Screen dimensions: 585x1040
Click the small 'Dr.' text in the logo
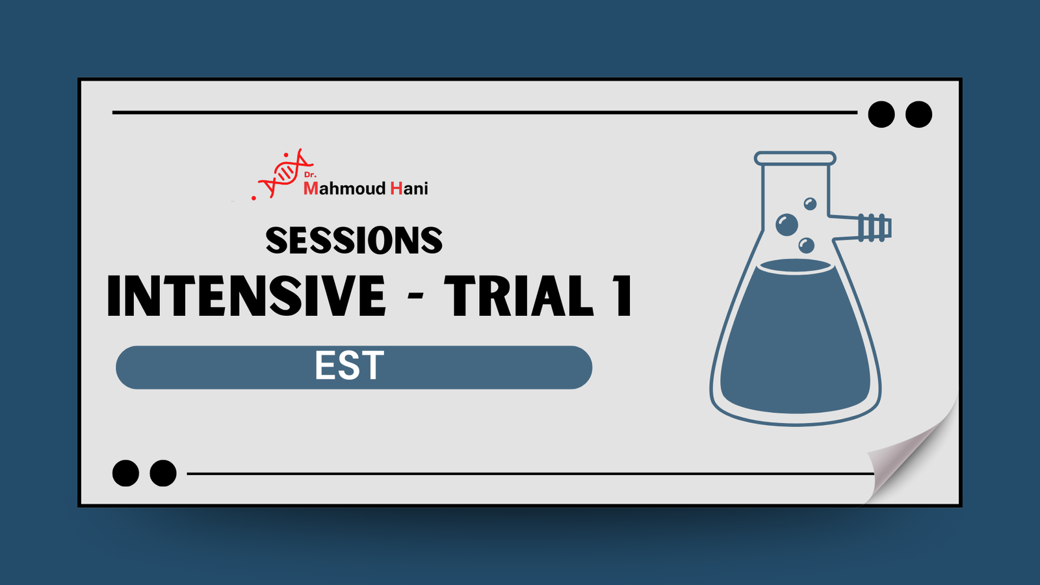point(310,175)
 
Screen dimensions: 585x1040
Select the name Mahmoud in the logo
point(344,188)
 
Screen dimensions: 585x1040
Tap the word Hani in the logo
point(409,188)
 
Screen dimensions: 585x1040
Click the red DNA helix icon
point(285,172)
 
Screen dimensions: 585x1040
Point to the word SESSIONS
point(354,240)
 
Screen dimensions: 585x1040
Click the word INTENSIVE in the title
point(246,296)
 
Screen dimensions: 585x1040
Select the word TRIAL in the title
point(519,296)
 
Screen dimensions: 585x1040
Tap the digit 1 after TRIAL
point(623,296)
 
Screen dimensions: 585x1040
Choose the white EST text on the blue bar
point(350,366)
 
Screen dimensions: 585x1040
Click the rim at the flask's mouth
point(795,158)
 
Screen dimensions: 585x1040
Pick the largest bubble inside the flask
point(787,225)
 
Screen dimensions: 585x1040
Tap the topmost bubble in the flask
point(810,204)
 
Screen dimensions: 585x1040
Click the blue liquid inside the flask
point(795,344)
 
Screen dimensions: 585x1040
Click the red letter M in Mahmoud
point(311,188)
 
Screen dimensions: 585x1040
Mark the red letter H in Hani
point(396,188)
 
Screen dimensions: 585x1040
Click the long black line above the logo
point(484,112)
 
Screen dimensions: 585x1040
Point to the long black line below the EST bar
point(530,474)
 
